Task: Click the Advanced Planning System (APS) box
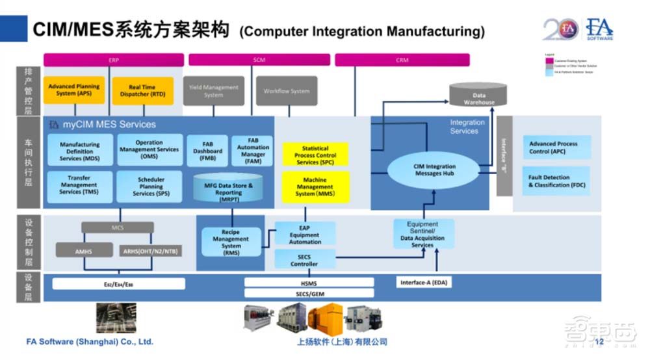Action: click(73, 90)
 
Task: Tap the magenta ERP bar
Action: click(113, 60)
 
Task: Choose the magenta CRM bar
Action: click(402, 60)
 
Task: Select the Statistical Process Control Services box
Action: click(315, 155)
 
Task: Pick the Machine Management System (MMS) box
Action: click(315, 187)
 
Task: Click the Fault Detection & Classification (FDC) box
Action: click(557, 181)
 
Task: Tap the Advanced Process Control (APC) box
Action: click(557, 148)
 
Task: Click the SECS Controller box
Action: click(304, 260)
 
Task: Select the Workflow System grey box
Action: click(286, 91)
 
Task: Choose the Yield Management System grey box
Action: click(213, 91)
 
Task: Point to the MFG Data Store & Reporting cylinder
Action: click(228, 188)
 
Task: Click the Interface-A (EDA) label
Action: click(424, 283)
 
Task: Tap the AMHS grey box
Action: click(84, 250)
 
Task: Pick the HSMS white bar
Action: click(309, 283)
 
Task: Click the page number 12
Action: click(599, 342)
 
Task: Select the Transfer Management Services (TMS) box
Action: click(79, 185)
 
